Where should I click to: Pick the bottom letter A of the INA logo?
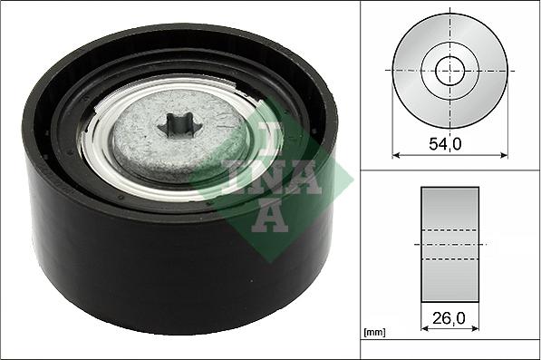click(x=268, y=217)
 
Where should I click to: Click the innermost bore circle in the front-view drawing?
click(x=449, y=71)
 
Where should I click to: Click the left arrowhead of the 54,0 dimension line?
click(x=396, y=156)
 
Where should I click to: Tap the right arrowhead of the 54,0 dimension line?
click(x=504, y=156)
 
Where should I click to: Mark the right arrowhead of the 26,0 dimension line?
click(x=476, y=329)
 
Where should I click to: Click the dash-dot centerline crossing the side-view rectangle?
click(x=449, y=244)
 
